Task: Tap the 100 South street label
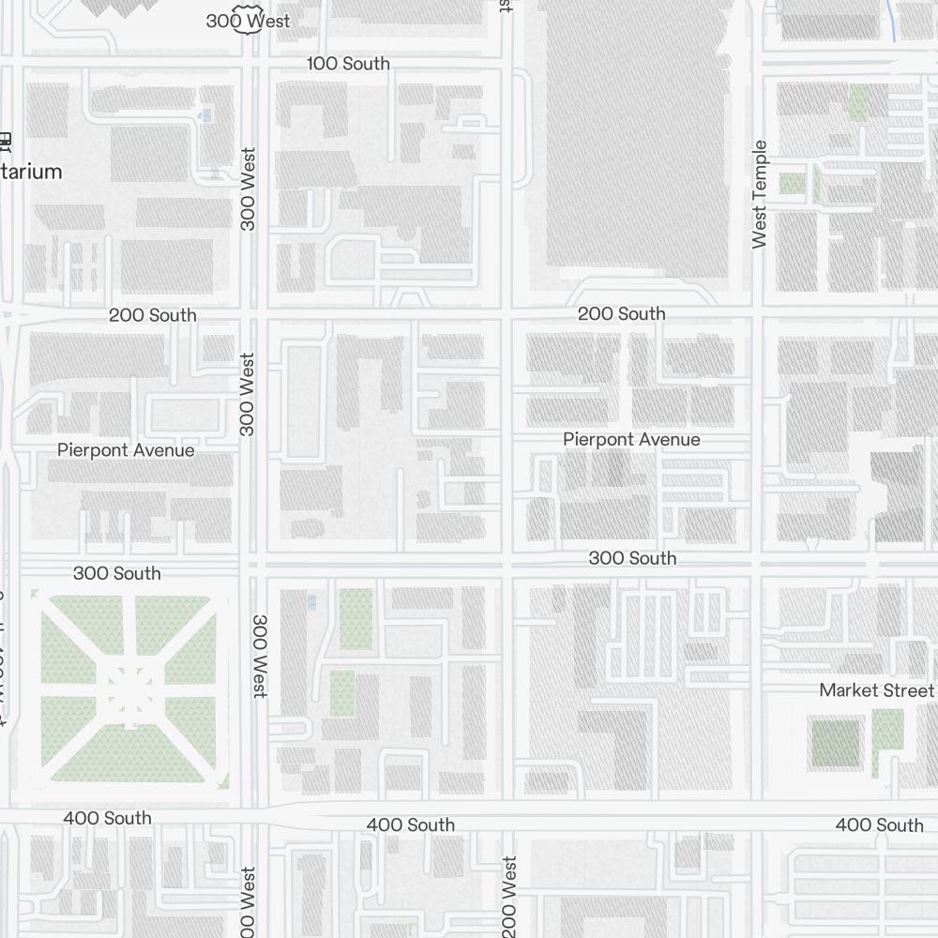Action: (x=348, y=64)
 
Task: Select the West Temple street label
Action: (x=760, y=194)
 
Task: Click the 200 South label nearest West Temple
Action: (x=621, y=313)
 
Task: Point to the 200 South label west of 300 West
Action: (x=153, y=315)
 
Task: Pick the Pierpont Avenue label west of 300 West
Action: (x=126, y=450)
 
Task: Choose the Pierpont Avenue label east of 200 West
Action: (x=631, y=439)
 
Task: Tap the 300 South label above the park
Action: (x=116, y=573)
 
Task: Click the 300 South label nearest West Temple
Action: (x=632, y=558)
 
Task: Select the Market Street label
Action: (x=876, y=690)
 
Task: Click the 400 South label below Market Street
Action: (x=879, y=825)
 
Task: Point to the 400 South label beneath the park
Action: (x=107, y=818)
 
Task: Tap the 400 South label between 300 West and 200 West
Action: (x=411, y=825)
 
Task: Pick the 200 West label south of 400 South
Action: (x=509, y=896)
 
